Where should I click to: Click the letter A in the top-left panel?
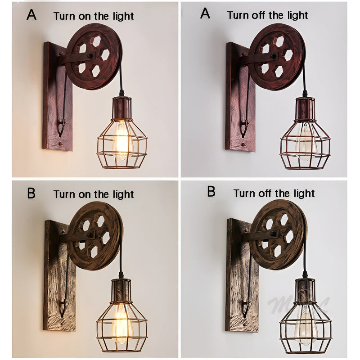[x=31, y=14]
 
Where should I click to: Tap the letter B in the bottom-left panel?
[x=31, y=193]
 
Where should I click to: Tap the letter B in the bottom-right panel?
[x=211, y=192]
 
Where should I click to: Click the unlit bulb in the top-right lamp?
[x=305, y=142]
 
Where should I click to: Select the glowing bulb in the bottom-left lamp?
[x=121, y=322]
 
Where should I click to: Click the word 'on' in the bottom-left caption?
[x=89, y=194]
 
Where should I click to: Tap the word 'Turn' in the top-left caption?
[x=65, y=16]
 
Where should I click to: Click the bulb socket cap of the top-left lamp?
[x=121, y=106]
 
